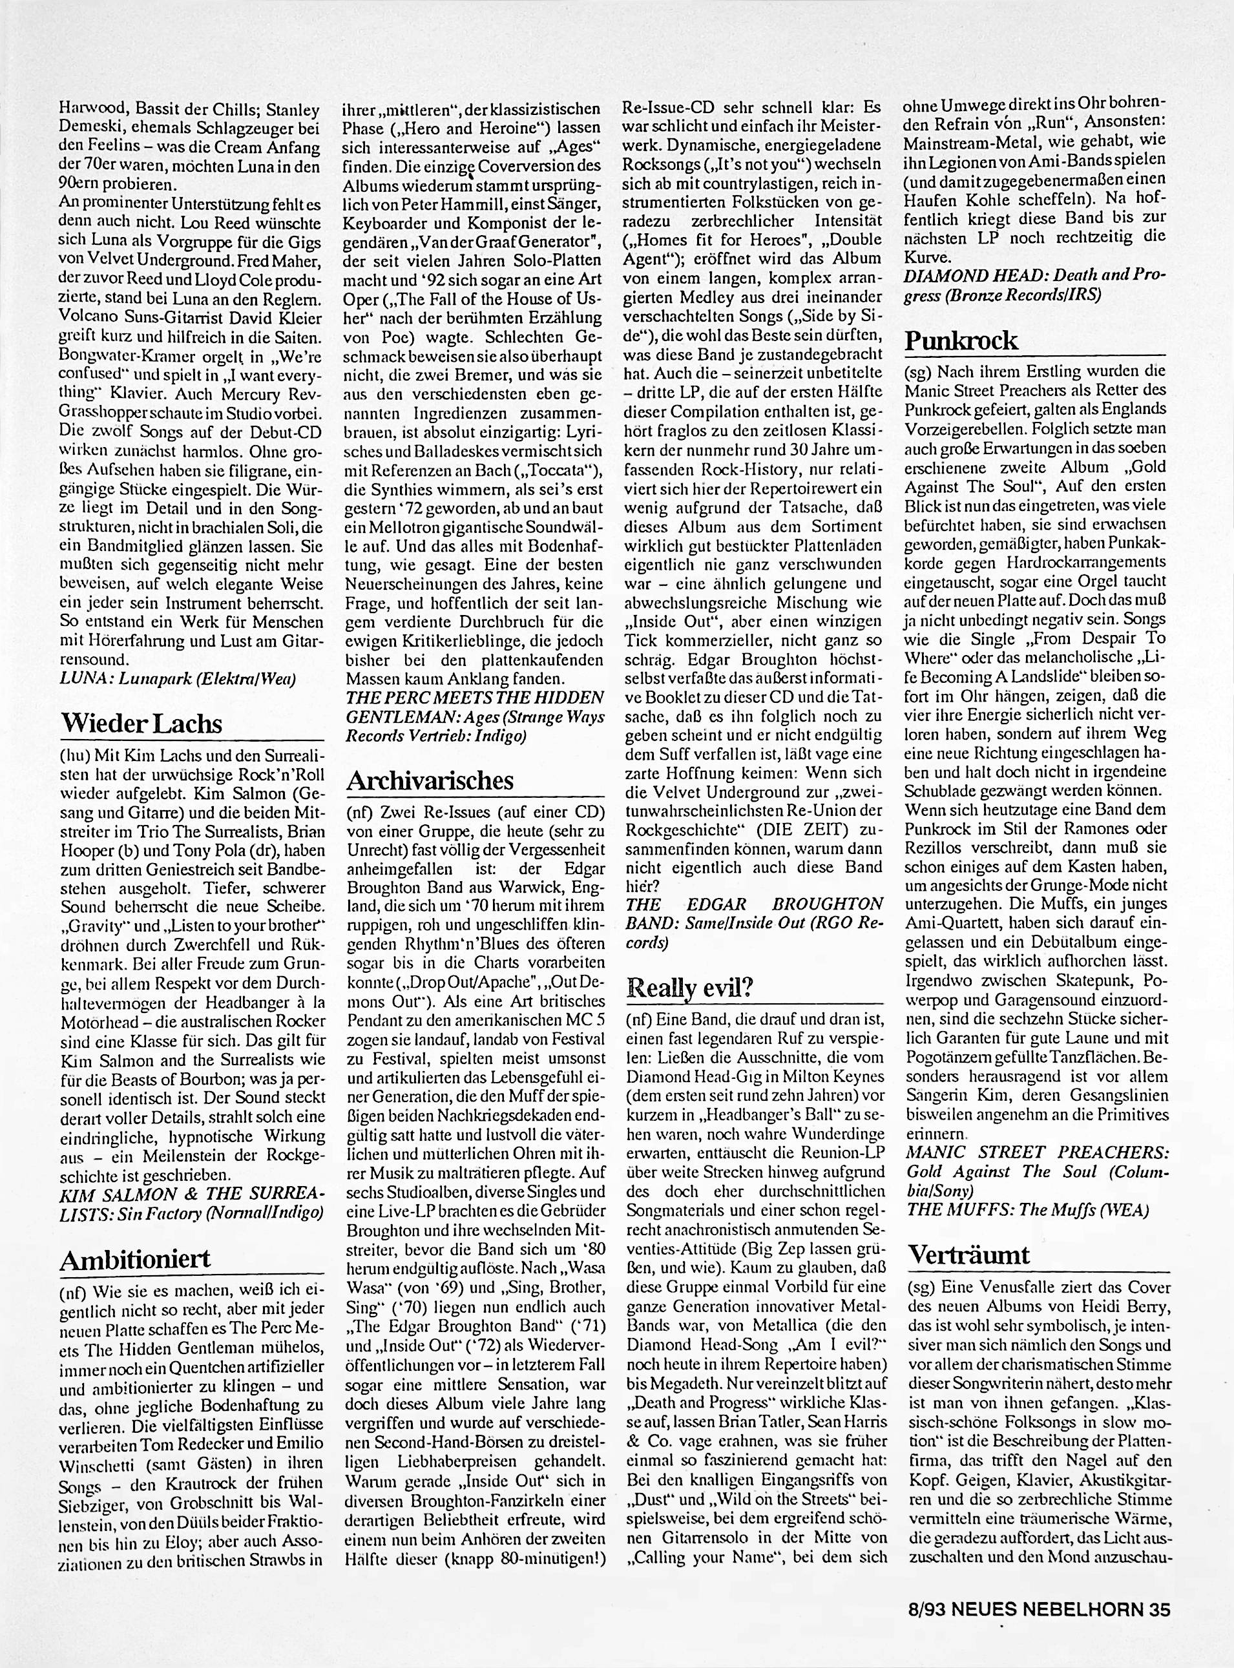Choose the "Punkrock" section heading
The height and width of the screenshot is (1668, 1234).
click(961, 340)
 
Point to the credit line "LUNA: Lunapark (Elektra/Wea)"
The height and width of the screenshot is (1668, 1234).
click(177, 679)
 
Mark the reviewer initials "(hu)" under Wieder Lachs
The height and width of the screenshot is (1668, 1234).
click(74, 755)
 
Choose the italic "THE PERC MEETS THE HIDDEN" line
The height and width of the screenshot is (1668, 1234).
click(475, 698)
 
